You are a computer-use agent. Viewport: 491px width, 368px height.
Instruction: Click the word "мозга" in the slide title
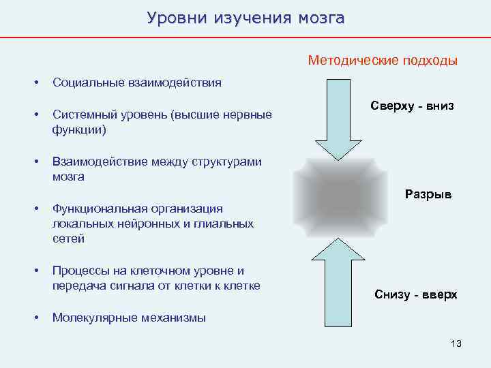(x=321, y=17)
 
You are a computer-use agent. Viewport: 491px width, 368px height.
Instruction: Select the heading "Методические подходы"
(x=383, y=61)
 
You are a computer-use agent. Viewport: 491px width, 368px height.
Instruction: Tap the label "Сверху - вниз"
(x=412, y=106)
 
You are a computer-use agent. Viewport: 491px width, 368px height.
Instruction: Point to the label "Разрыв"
(x=428, y=195)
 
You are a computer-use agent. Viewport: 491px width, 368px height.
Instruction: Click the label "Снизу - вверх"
(x=416, y=295)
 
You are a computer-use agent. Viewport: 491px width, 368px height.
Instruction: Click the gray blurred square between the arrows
(x=332, y=198)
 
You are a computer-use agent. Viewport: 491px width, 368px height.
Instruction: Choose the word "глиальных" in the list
(x=227, y=224)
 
